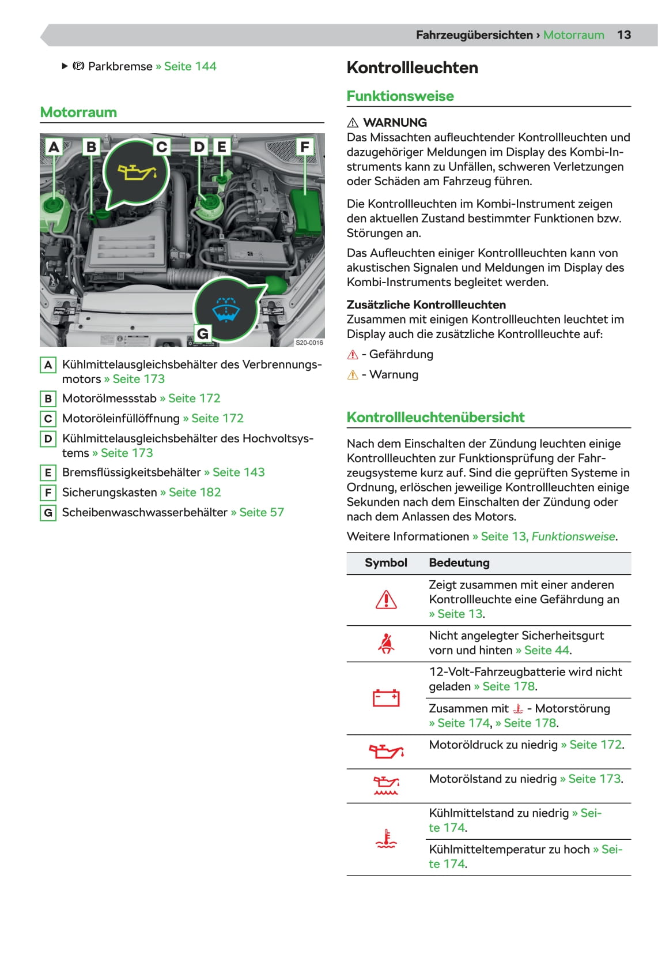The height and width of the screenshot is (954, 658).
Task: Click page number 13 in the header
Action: pos(624,35)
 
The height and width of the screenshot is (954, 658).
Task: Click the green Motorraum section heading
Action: pos(78,112)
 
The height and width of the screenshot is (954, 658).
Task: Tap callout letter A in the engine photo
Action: pos(54,147)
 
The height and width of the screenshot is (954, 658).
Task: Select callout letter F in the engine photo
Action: pos(305,147)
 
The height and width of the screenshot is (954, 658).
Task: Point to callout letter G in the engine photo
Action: pos(203,333)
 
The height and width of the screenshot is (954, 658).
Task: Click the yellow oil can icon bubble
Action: pos(137,172)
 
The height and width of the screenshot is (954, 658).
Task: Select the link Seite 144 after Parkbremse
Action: pos(190,66)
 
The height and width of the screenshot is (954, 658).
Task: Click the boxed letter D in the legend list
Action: pos(48,438)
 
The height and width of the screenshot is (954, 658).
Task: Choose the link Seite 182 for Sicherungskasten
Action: pos(194,493)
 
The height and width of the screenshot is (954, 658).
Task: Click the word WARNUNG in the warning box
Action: pos(395,122)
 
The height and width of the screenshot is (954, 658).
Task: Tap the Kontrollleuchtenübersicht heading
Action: pos(436,418)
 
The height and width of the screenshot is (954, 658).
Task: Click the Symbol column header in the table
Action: pos(386,563)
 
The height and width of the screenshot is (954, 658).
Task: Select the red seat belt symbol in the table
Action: pos(386,643)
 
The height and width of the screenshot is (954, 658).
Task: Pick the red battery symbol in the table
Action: pos(386,698)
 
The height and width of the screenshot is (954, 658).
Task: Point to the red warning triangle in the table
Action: pos(386,600)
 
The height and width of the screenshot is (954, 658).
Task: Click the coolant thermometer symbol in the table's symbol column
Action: pos(386,839)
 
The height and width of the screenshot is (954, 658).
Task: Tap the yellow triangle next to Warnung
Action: pos(353,375)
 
